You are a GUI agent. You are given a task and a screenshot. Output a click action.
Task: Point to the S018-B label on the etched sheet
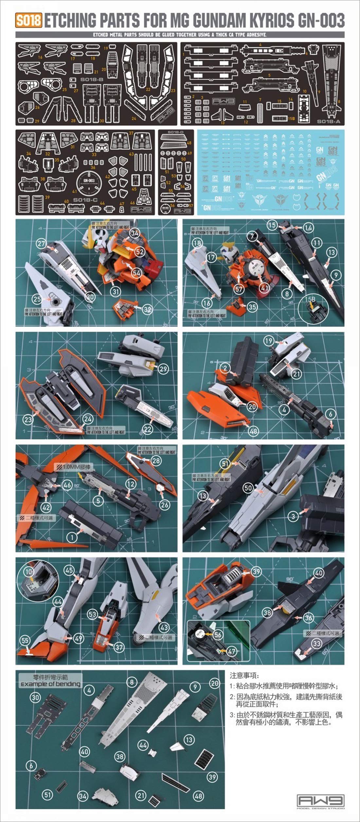pos(83,80)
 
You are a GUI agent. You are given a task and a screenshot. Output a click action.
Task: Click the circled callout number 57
pos(239,289)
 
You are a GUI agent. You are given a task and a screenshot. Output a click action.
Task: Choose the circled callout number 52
pos(140,251)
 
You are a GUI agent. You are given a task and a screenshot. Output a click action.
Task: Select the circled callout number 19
pos(269,341)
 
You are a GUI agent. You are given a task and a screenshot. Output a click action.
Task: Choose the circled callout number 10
pos(28,572)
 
